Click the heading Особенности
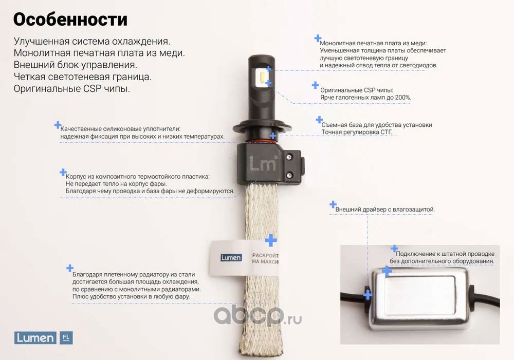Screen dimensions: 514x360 (x=70, y=20)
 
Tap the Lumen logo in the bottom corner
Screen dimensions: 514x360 (x=35, y=338)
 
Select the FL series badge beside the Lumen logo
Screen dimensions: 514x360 (x=66, y=338)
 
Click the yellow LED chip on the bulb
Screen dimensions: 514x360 (x=262, y=78)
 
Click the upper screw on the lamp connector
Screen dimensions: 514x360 (x=289, y=158)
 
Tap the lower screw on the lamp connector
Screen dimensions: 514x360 (x=289, y=176)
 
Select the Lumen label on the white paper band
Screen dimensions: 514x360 (x=231, y=258)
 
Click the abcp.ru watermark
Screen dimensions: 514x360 (x=258, y=316)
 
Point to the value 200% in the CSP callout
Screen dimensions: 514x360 (x=403, y=97)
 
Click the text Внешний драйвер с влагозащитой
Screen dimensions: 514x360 (x=385, y=210)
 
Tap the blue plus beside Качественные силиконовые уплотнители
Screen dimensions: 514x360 (x=58, y=125)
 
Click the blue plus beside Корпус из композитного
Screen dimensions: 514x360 (x=63, y=172)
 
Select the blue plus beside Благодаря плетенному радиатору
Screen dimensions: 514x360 (x=70, y=268)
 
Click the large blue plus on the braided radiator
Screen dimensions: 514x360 (x=271, y=240)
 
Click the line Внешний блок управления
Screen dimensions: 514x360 (x=76, y=65)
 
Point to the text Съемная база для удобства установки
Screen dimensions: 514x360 (x=377, y=125)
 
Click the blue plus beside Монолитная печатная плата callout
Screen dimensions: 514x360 (x=318, y=39)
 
